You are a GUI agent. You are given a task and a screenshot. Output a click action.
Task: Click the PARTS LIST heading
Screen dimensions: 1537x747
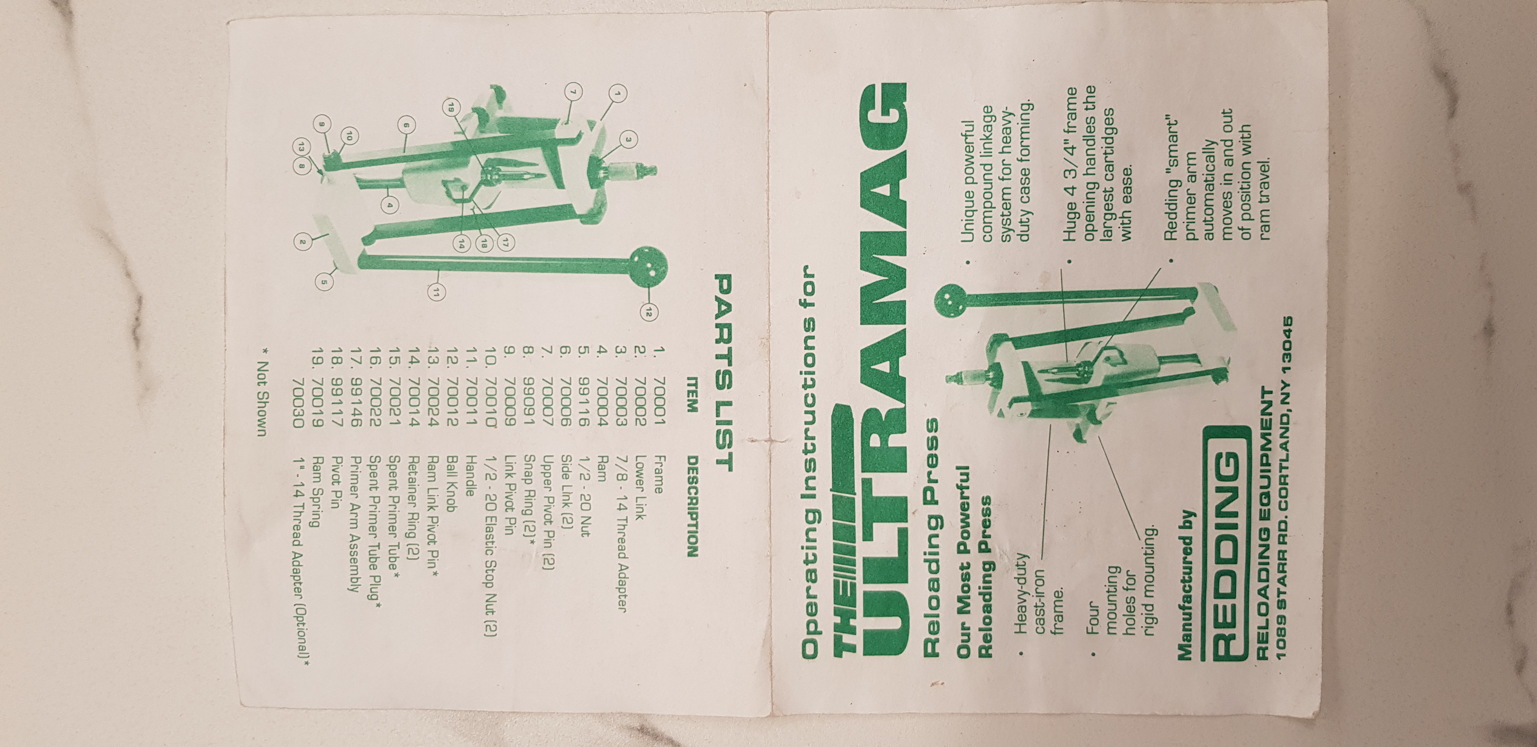coord(723,372)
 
